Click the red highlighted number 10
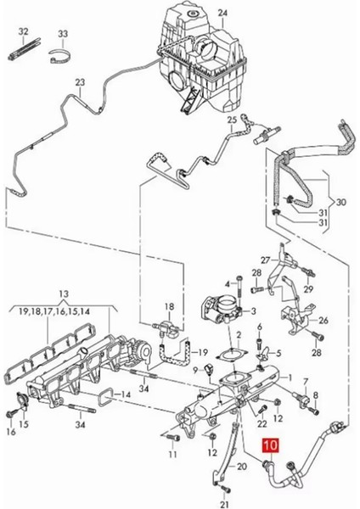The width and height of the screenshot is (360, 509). coord(270,445)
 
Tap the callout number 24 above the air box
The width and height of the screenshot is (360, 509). coord(223,14)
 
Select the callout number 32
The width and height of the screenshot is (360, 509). coord(24,32)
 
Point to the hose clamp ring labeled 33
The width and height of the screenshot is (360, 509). coord(60,55)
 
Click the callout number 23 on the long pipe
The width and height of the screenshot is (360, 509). coord(80,82)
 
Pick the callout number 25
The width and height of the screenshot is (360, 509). coord(232,120)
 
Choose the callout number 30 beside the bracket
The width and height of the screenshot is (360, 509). coord(340,202)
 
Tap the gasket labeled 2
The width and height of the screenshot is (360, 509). coord(232,355)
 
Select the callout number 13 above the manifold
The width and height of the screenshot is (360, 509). coord(65,294)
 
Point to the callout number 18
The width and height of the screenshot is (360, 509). coord(169,307)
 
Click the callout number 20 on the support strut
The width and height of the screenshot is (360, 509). coord(242,467)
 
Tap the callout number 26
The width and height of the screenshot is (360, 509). coord(323,321)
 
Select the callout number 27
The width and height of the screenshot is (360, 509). coord(266,260)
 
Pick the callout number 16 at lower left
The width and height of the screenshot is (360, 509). coord(11,432)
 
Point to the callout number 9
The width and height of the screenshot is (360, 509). coord(195,370)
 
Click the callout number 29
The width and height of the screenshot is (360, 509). coord(308,288)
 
